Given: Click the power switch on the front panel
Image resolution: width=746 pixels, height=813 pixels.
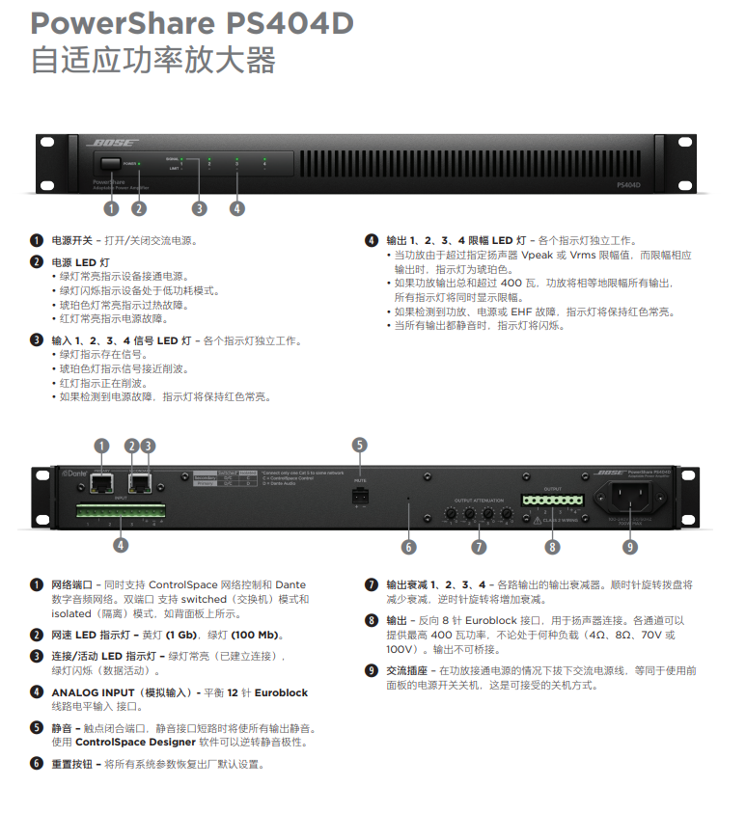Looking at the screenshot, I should point(109,165).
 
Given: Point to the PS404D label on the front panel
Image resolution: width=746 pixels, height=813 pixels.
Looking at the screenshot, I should point(628,184).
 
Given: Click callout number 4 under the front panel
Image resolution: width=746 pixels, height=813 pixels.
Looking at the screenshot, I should point(237,207).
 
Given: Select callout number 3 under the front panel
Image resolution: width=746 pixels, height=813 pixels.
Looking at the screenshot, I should point(200,207).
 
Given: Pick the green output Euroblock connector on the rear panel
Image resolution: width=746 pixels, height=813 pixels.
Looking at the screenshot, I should point(552,501).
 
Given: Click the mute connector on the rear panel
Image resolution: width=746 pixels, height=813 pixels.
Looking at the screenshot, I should point(360,495).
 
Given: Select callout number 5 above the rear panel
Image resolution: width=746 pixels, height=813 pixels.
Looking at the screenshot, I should point(359,445).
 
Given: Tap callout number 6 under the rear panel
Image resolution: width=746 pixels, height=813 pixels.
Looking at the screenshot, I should point(409,547).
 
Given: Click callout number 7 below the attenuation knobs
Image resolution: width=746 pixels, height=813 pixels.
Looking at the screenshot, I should point(479,547).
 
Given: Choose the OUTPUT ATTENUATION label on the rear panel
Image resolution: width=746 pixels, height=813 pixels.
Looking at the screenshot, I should point(478,499).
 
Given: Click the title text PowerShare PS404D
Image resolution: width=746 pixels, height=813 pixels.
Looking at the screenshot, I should point(192,23).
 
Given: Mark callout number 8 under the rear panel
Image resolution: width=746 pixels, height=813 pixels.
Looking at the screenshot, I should point(552,547).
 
